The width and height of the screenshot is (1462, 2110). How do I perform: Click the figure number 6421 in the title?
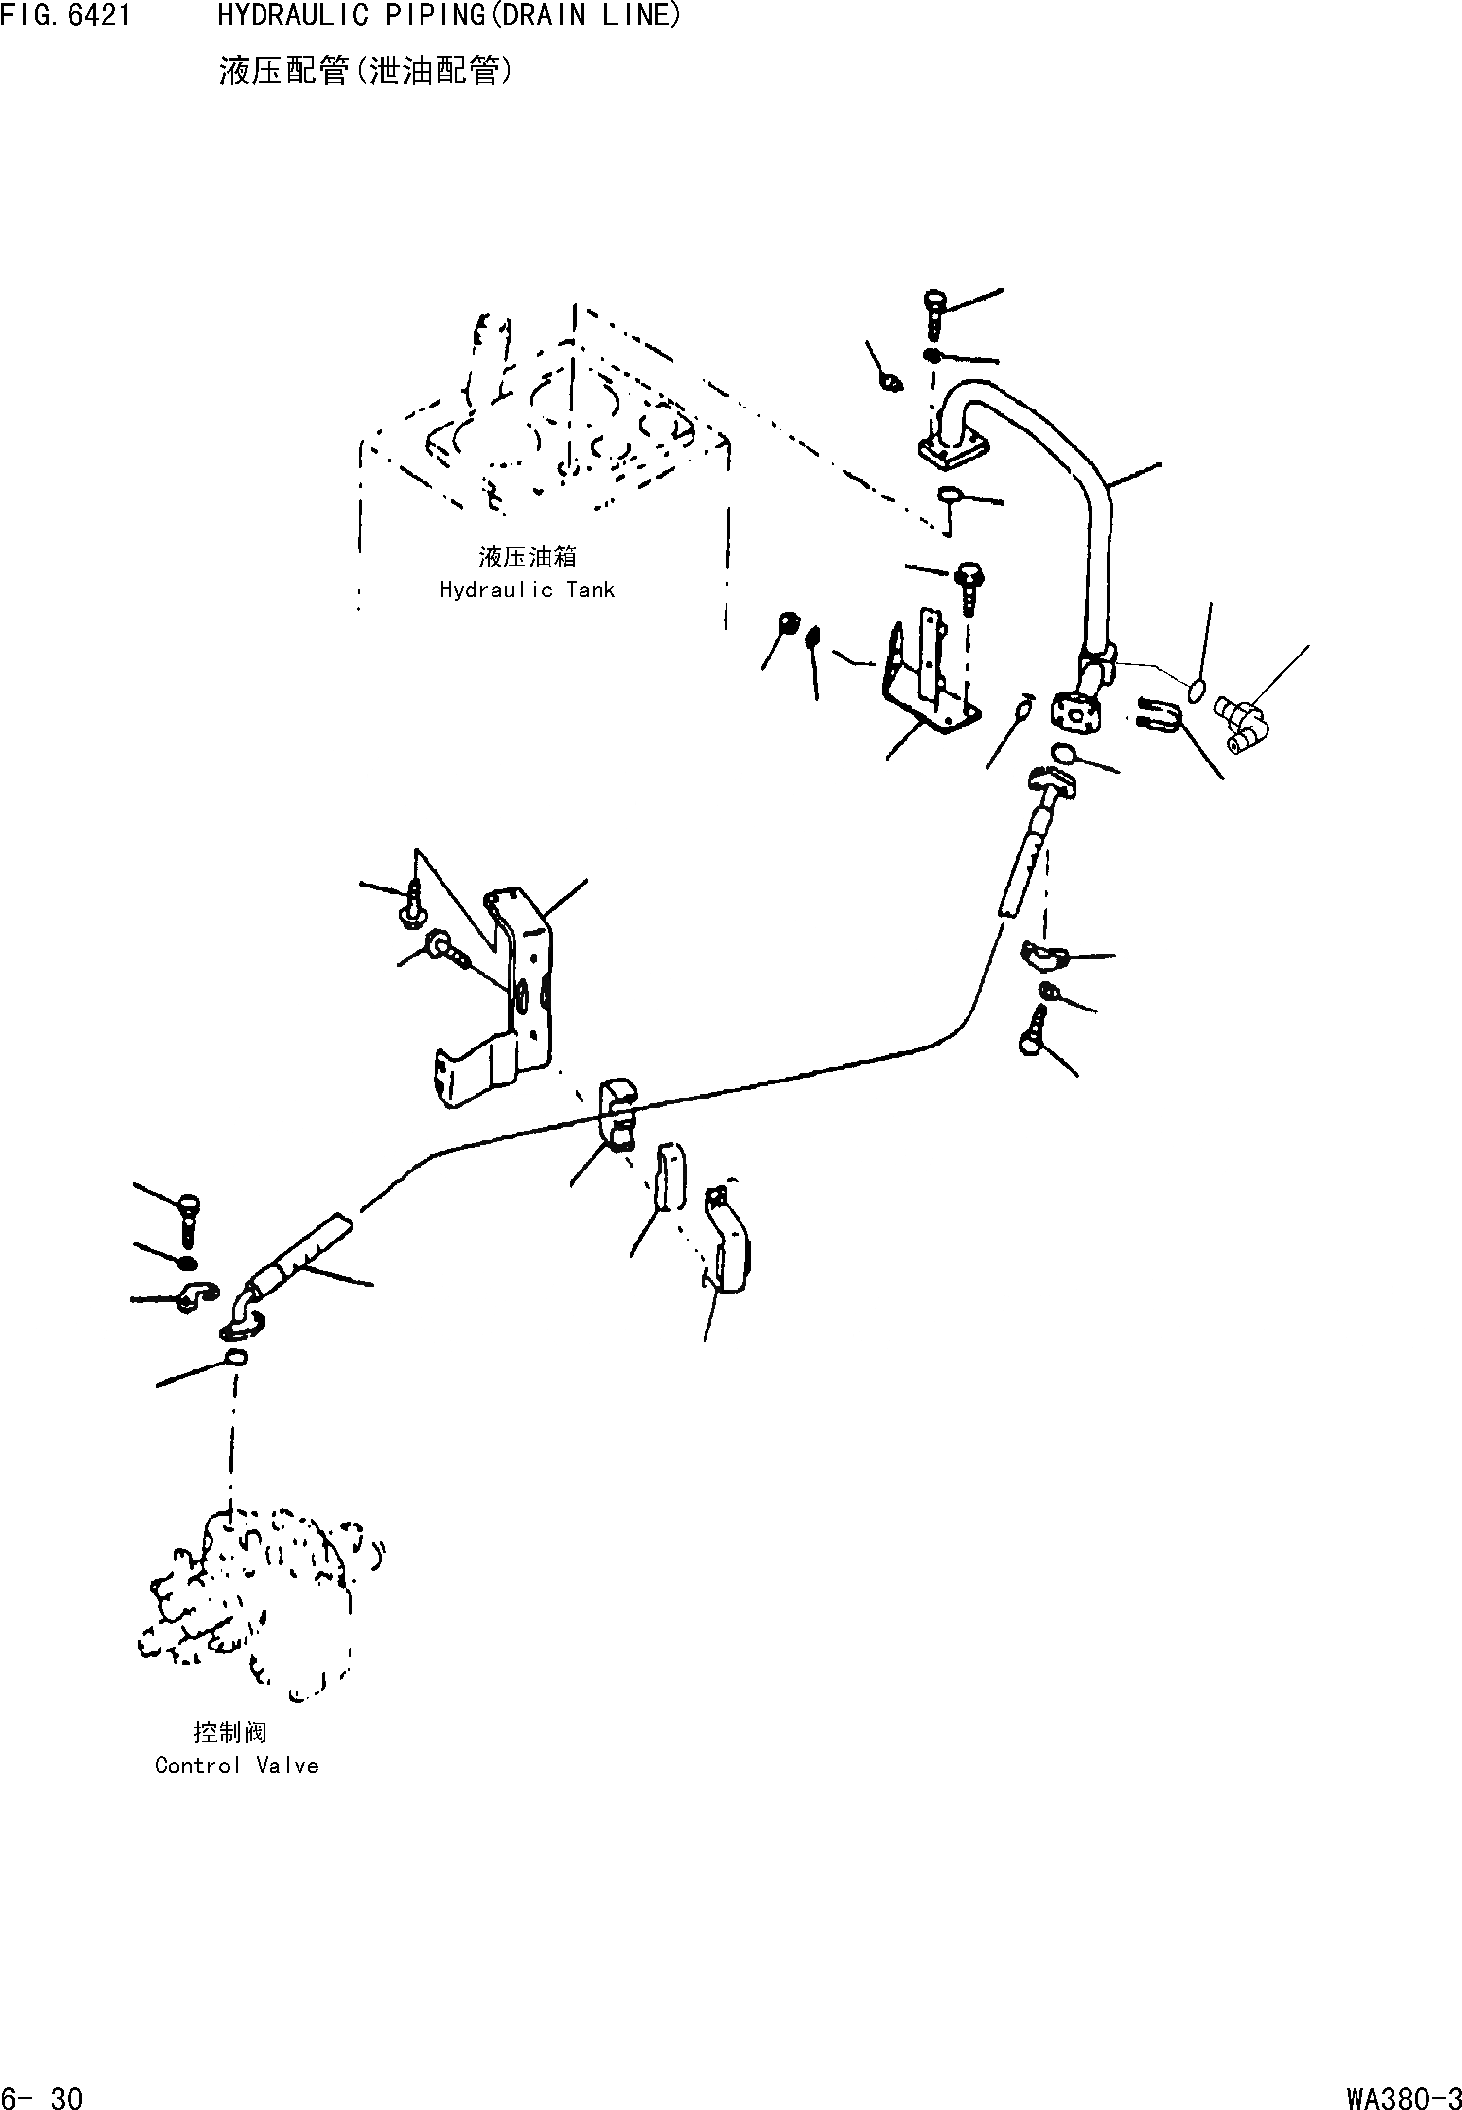[x=98, y=16]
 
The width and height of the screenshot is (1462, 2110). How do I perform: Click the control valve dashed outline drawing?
[x=257, y=1599]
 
